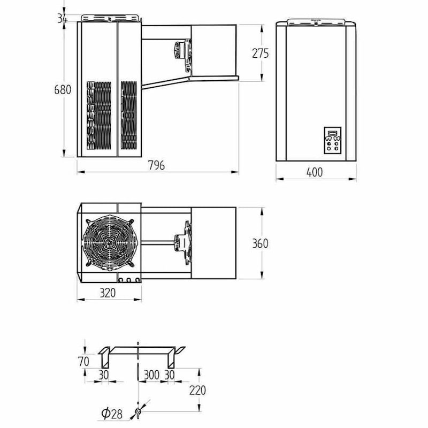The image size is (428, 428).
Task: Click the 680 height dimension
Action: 63,89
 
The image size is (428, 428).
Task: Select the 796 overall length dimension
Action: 156,165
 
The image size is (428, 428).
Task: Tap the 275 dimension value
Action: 261,53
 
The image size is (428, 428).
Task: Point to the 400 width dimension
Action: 315,172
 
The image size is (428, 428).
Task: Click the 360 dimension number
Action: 260,243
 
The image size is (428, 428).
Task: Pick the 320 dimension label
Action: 108,293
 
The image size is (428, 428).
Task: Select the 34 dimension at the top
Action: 62,18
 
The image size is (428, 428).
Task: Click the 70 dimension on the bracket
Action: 83,362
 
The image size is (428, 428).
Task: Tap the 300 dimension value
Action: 151,375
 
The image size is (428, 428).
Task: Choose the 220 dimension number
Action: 197,391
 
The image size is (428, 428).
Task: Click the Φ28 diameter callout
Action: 112,414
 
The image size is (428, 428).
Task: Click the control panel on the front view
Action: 332,140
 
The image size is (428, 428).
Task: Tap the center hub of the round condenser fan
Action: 110,242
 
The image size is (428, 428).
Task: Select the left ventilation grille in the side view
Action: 99,115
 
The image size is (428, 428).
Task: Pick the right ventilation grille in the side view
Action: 129,115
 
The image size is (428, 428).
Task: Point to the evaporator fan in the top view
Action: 183,242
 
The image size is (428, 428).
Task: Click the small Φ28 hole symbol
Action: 138,411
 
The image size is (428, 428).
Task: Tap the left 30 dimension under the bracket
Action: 103,375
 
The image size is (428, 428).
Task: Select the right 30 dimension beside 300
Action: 169,375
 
